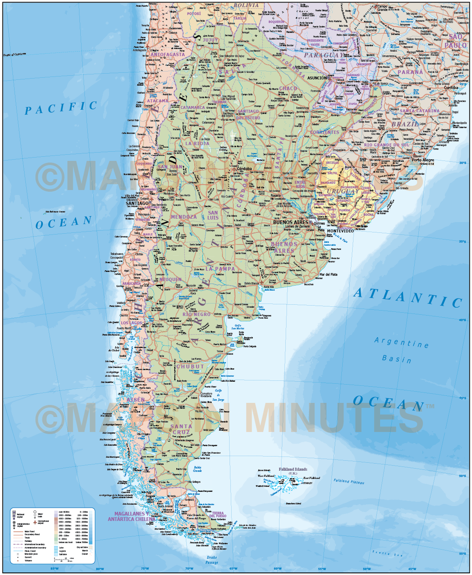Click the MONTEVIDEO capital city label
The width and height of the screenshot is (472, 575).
coord(340,231)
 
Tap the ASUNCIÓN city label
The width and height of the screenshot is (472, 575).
coord(317,78)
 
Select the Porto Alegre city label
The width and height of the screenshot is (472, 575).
coord(423,160)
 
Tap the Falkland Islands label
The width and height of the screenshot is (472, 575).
coord(293,469)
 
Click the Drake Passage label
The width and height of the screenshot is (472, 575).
coord(212,560)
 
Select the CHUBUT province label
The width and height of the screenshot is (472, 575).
coord(190,367)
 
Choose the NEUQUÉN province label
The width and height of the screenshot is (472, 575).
coord(171,279)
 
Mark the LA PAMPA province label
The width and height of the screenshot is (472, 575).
coord(220,269)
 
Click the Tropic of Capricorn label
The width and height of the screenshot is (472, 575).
coord(15,54)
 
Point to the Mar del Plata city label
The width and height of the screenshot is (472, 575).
coord(328,274)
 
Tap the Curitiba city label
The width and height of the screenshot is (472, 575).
coord(451,88)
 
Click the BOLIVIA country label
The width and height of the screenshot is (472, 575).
coord(246,5)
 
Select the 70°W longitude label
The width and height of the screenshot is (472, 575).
coord(189,568)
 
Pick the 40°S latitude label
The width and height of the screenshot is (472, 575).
coord(462,320)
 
